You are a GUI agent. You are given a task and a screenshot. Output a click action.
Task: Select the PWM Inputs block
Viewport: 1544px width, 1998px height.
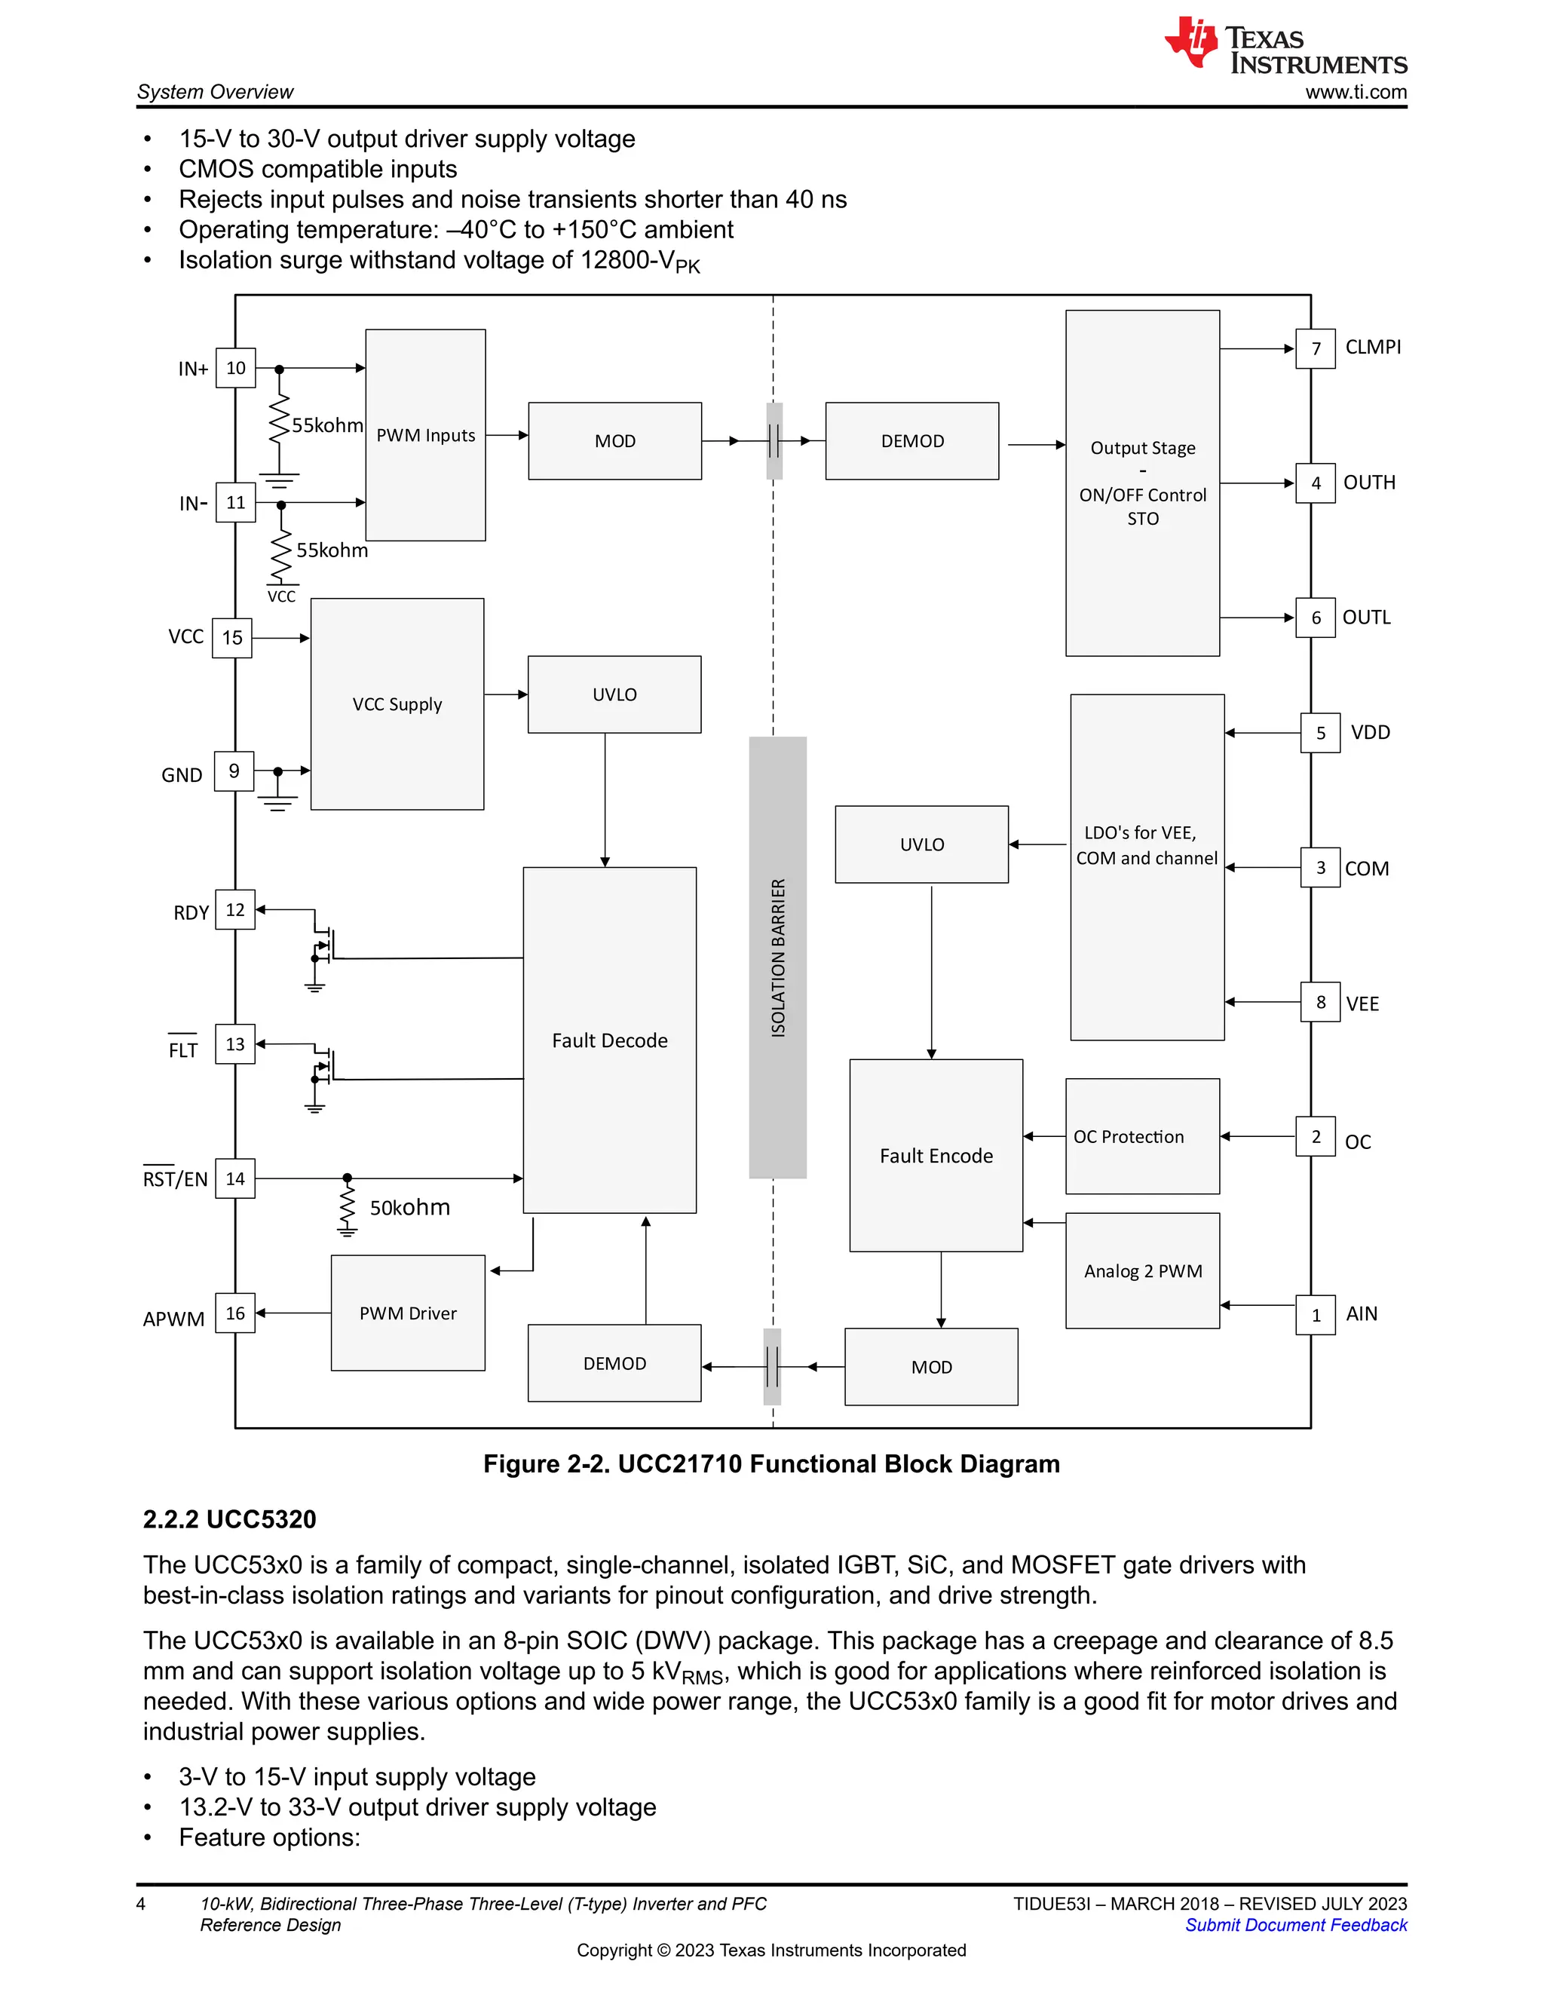tap(425, 434)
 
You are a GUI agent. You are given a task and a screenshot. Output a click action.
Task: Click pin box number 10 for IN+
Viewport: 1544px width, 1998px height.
tap(235, 368)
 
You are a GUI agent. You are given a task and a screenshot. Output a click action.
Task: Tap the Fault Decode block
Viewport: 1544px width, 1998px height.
tap(609, 1040)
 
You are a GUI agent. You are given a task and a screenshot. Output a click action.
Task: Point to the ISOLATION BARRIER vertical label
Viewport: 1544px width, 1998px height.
tap(777, 957)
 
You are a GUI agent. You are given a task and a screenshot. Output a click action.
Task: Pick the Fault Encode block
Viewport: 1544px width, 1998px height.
tap(936, 1155)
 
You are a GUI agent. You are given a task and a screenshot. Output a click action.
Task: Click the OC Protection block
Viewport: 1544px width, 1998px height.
tap(1141, 1136)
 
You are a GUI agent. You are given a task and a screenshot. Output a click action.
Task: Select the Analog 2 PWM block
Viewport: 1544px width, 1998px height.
tap(1142, 1270)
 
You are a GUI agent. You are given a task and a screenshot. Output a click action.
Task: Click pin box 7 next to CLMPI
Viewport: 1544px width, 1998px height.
tap(1316, 348)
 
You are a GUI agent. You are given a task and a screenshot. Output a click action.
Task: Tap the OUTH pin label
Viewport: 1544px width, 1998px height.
tap(1368, 482)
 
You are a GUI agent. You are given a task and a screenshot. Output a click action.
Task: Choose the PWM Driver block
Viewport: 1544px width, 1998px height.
tap(408, 1313)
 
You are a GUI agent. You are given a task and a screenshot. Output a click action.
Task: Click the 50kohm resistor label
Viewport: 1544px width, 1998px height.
tap(410, 1208)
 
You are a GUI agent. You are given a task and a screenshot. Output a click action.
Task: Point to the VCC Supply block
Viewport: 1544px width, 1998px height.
tap(397, 704)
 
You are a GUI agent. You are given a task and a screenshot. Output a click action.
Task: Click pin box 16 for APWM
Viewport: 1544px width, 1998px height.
tap(235, 1313)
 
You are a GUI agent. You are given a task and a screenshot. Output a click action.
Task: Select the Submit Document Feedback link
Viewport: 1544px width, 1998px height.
tap(1295, 1925)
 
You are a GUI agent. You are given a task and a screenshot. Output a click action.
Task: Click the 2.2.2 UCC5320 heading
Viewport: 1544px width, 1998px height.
tap(230, 1519)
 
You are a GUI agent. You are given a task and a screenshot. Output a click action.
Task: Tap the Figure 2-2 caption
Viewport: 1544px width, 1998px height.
tap(771, 1463)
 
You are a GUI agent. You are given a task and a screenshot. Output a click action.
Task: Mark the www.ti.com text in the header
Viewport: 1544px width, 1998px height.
tap(1356, 91)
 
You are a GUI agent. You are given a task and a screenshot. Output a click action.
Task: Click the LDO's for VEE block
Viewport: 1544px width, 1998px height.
tap(1147, 866)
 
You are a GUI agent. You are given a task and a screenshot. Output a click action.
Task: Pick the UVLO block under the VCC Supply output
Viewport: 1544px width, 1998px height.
tap(614, 694)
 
